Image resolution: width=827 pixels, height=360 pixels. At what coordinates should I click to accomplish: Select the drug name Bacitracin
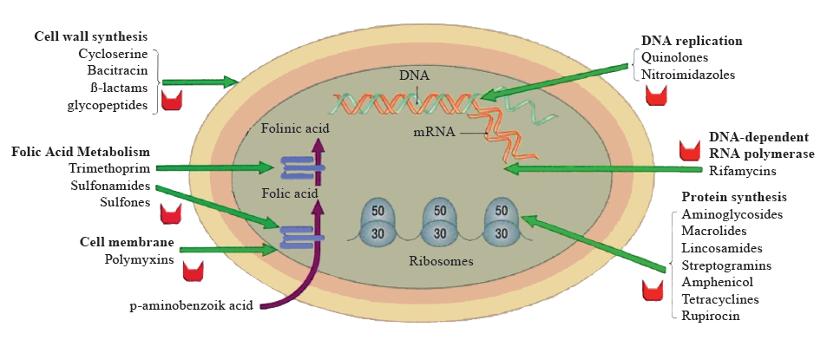tap(121, 70)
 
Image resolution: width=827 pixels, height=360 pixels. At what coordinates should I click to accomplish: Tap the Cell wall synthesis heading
tap(90, 36)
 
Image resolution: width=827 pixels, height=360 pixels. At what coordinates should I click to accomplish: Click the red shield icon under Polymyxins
tap(194, 271)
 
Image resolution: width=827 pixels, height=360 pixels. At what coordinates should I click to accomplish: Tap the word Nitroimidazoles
tap(688, 75)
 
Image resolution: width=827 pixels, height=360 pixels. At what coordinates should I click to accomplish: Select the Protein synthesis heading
tap(734, 197)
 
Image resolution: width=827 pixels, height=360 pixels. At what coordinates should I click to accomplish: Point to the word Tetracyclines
tap(720, 299)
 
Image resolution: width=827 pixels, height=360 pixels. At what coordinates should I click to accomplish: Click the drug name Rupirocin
tap(709, 316)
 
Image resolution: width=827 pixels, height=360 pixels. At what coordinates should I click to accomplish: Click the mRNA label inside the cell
tap(436, 133)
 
